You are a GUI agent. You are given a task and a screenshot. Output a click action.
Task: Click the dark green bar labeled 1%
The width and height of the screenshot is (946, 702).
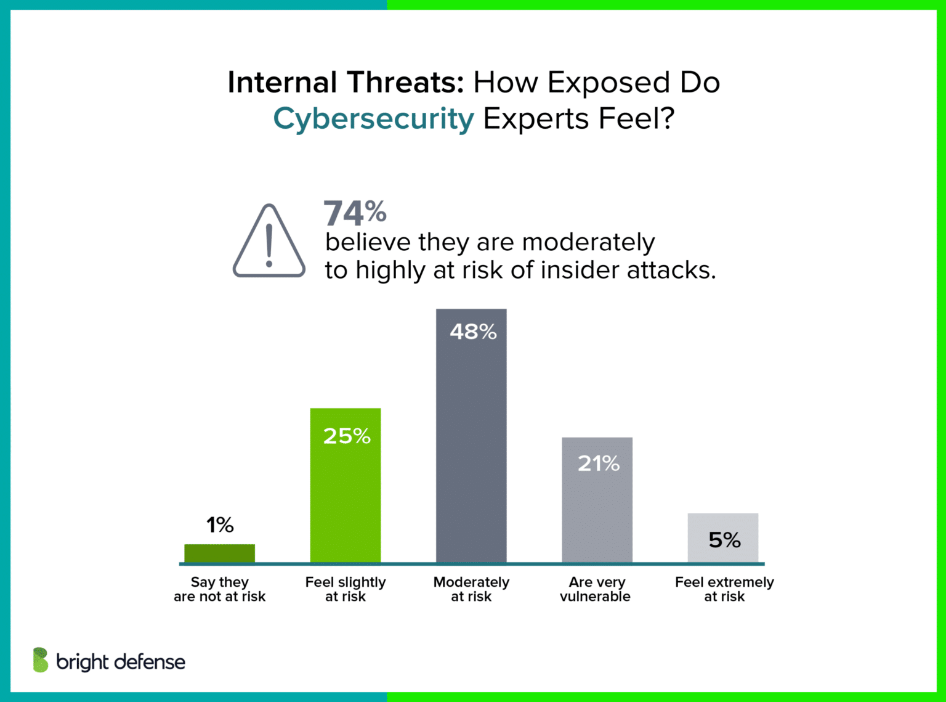point(219,553)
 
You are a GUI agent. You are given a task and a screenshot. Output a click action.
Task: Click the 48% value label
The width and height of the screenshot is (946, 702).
point(472,332)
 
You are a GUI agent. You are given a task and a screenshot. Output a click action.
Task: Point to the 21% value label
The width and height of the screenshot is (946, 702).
point(598,463)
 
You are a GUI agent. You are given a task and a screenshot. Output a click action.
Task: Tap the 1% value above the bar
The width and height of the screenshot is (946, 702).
point(220,525)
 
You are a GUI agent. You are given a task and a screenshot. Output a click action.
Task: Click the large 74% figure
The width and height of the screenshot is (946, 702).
point(355,213)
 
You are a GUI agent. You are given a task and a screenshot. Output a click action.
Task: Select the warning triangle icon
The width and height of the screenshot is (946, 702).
point(269,241)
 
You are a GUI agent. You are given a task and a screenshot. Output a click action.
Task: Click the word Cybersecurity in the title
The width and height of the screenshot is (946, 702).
point(373,118)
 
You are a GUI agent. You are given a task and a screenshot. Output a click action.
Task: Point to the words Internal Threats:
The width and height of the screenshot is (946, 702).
point(346,82)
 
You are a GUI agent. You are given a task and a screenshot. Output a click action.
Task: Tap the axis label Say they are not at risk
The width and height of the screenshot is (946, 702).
point(219,589)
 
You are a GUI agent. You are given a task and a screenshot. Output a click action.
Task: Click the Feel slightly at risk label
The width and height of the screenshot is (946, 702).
point(345,589)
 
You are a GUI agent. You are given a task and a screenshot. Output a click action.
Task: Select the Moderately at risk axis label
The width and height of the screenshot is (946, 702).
point(471,589)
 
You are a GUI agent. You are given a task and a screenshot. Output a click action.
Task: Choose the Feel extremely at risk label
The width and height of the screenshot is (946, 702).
point(724,589)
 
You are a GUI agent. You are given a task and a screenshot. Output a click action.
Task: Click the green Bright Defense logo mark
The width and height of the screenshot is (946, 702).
point(41,660)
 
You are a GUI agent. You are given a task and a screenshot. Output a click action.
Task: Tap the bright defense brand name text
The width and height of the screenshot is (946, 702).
point(121,662)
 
